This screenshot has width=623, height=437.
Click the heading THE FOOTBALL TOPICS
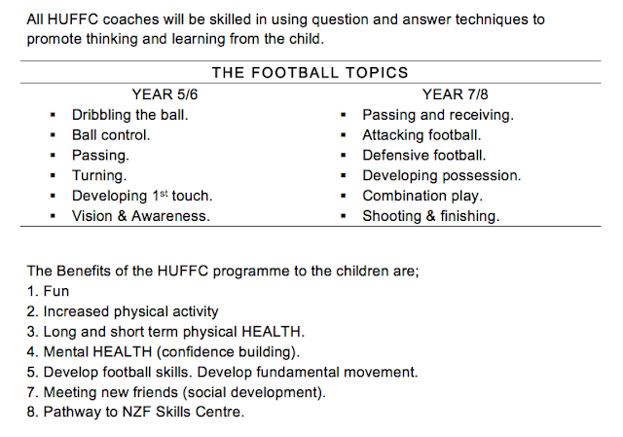click(310, 73)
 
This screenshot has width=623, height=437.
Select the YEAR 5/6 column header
click(165, 94)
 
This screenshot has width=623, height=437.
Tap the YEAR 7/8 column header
click(455, 94)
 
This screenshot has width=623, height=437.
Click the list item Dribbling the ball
click(129, 115)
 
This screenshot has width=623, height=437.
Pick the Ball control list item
click(111, 135)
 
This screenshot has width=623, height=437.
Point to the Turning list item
click(99, 175)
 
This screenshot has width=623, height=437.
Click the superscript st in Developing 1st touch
click(164, 194)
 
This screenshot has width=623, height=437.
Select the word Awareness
click(170, 216)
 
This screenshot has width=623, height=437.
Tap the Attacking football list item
click(421, 135)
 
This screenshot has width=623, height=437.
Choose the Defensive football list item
click(424, 156)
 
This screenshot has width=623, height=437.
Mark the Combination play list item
click(422, 196)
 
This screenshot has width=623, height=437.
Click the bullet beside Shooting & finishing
click(344, 216)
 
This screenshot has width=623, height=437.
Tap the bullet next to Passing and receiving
click(344, 115)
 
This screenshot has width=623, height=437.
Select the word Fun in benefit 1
click(56, 291)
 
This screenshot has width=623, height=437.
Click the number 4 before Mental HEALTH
click(31, 352)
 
